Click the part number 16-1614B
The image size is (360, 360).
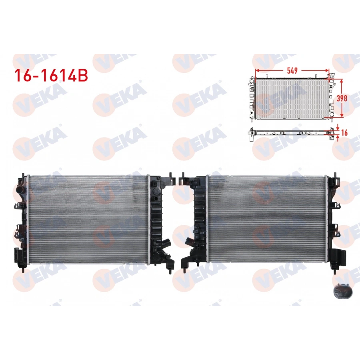tap(50, 75)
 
